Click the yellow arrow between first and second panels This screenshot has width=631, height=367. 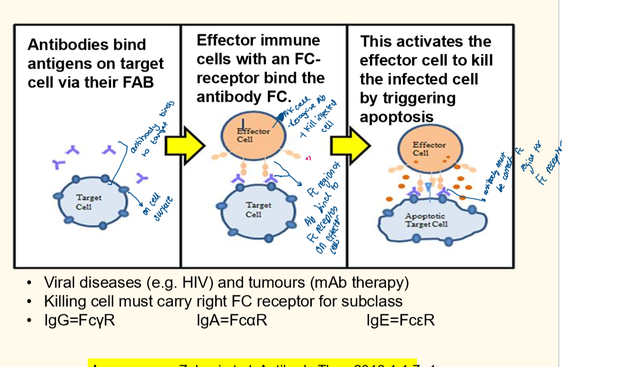pos(184,145)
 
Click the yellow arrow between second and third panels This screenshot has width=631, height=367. pos(351,145)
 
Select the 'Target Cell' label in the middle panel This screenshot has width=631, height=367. pos(258,209)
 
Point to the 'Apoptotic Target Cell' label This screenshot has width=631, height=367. pos(426,220)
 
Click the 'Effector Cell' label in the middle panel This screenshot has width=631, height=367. pos(252,135)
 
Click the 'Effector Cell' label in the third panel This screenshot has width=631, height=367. pos(429,148)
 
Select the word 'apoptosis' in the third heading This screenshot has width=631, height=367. pos(396,117)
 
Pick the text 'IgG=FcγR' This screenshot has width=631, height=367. pos(80,320)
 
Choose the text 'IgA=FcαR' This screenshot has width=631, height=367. pos(232,320)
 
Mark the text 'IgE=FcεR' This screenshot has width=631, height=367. pos(400,320)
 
